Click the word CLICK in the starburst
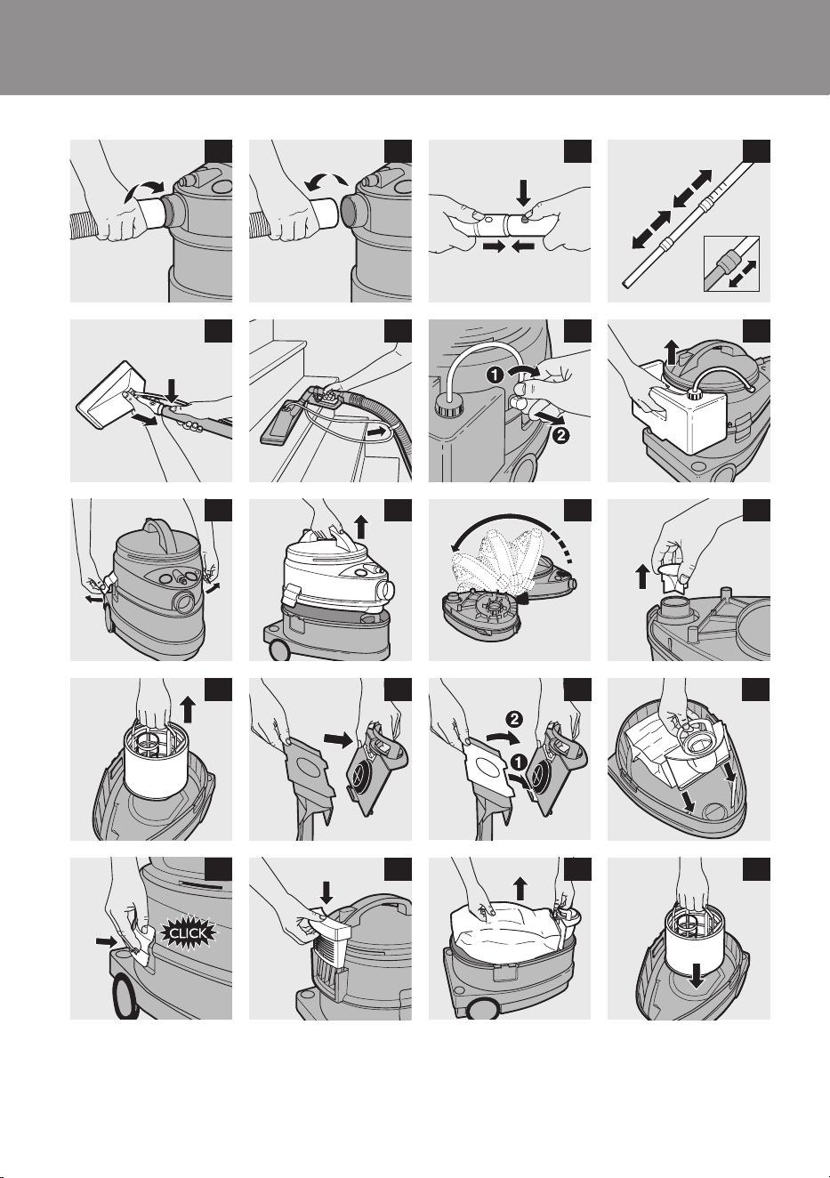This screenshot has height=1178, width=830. (189, 933)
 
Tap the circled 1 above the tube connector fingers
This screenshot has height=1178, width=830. (495, 376)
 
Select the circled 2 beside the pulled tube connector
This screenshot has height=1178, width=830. (562, 435)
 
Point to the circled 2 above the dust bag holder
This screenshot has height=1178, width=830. (516, 718)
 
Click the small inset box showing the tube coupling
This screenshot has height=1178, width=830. (731, 263)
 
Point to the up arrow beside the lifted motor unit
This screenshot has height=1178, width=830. (362, 527)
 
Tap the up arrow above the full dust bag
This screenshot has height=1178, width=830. (520, 887)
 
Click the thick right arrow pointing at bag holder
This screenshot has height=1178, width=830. (338, 740)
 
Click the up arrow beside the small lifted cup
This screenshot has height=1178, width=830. (642, 577)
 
